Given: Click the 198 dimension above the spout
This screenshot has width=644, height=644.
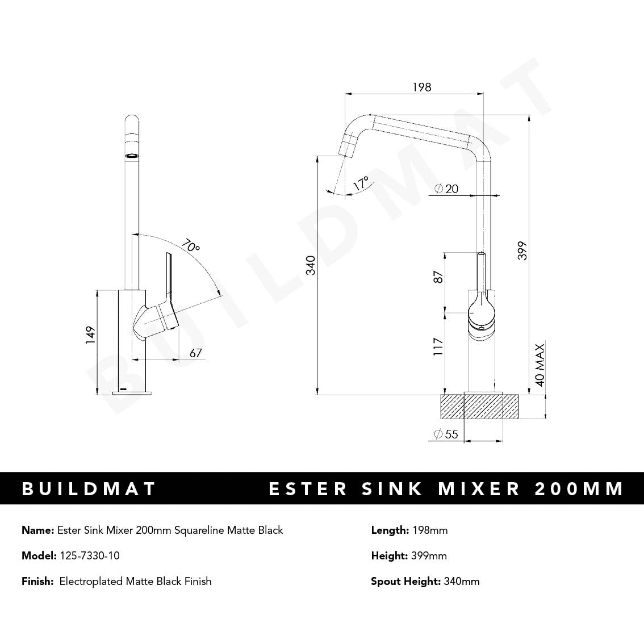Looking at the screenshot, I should click(421, 87).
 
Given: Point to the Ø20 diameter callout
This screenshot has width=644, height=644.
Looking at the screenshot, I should click(446, 189).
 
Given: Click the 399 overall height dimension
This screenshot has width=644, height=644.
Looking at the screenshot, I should click(522, 250).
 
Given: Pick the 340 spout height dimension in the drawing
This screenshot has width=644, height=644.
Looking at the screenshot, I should click(311, 265).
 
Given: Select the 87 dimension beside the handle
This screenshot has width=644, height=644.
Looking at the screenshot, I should click(438, 277).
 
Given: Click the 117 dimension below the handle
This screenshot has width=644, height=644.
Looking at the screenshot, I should click(438, 346).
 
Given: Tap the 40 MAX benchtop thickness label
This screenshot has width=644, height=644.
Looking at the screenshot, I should click(540, 364).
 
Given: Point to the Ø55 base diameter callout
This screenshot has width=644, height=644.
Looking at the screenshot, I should click(446, 434).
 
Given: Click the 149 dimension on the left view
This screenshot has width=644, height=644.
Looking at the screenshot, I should click(90, 335).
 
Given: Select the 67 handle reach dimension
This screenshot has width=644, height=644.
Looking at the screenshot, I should click(195, 353).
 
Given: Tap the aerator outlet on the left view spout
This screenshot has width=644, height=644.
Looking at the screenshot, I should click(131, 154).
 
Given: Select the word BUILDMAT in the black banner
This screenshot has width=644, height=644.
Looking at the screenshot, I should click(89, 488).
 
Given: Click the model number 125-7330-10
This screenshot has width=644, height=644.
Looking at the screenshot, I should click(89, 555).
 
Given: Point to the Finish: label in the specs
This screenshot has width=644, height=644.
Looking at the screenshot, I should click(37, 581).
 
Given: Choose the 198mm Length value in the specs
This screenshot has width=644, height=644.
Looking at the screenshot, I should click(429, 530).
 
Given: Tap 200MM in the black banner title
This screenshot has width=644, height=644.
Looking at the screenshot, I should click(579, 488).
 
